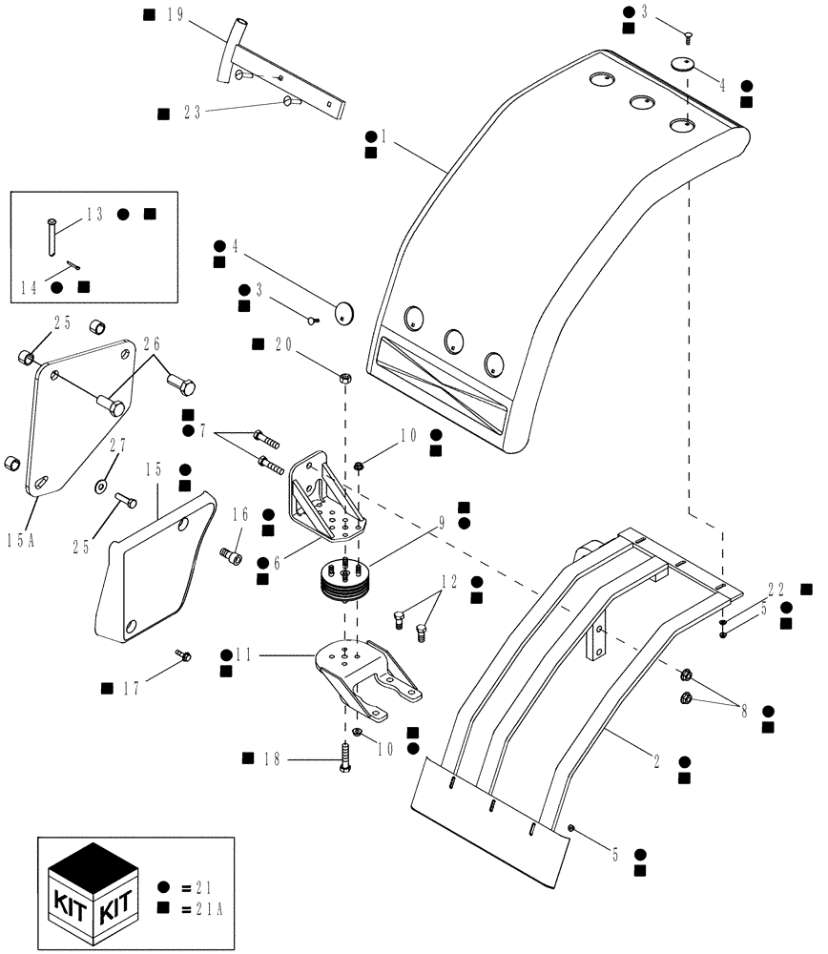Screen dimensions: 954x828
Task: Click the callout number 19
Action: pyautogui.click(x=174, y=15)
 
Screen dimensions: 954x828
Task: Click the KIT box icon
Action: pyautogui.click(x=93, y=886)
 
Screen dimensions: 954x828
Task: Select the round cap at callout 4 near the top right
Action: pyautogui.click(x=682, y=65)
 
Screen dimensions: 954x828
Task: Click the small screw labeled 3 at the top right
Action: pyautogui.click(x=688, y=36)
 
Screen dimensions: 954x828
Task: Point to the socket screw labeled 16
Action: pyautogui.click(x=230, y=554)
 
